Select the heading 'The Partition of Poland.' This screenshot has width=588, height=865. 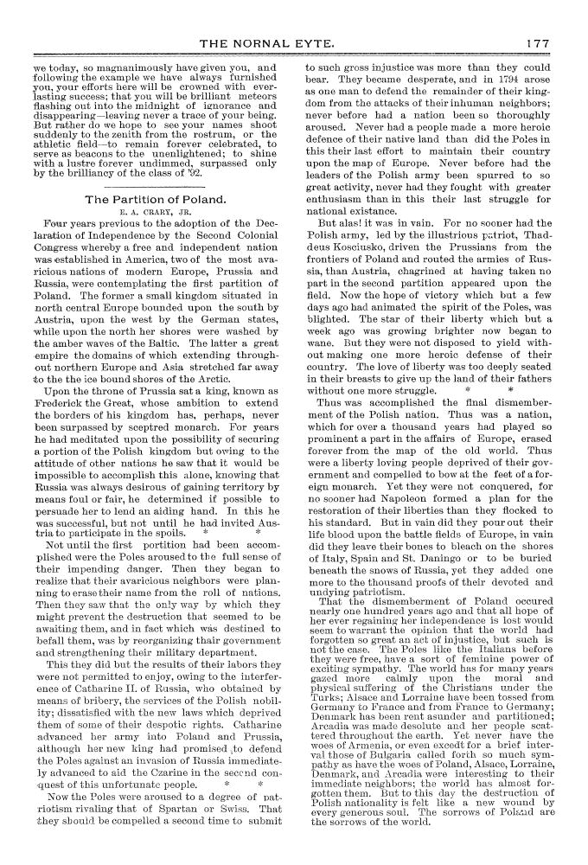pyautogui.click(x=156, y=200)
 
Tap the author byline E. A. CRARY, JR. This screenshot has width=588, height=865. pyautogui.click(x=156, y=213)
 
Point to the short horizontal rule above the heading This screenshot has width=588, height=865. pyautogui.click(x=156, y=185)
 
